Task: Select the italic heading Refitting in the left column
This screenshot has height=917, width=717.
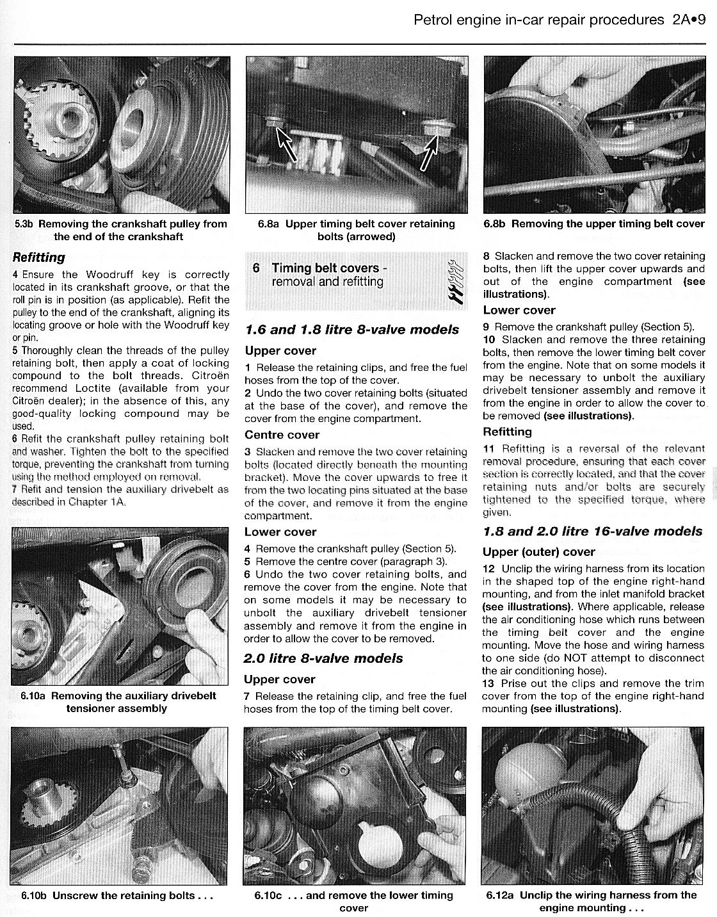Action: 39,257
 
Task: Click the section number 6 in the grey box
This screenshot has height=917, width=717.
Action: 256,268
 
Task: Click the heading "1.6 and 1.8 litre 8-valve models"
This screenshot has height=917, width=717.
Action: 351,330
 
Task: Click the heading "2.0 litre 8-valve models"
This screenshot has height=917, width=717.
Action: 323,658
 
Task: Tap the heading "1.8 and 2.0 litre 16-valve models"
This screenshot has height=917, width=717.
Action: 592,532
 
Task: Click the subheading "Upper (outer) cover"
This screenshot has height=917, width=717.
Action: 538,551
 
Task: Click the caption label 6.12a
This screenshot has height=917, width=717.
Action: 501,895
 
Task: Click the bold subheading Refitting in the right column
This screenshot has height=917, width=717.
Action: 507,432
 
